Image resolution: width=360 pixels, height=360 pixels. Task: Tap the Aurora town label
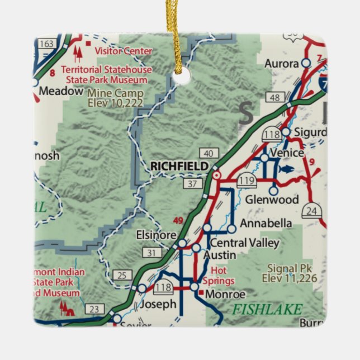pos(282,63)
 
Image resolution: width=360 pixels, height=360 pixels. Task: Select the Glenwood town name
pos(272,200)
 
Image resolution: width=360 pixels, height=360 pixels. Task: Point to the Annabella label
pos(266,224)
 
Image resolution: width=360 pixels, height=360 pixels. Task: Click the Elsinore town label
pos(157,235)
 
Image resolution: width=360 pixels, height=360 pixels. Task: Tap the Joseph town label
pos(158,305)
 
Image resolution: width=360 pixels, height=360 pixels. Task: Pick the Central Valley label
pos(243,243)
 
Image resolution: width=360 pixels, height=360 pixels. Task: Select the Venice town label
pos(286,153)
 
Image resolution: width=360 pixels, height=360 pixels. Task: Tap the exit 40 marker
pos(208,153)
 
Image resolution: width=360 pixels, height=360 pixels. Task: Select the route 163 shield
pos(48,43)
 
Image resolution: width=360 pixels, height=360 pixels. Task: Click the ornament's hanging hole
pos(180,77)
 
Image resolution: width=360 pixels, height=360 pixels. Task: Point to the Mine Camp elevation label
pos(116,98)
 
